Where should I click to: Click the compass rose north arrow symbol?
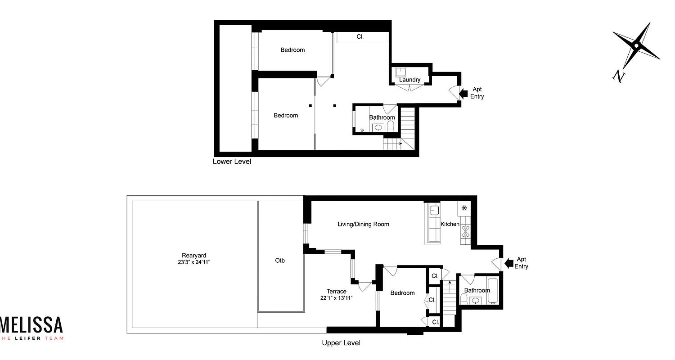[x=636, y=45]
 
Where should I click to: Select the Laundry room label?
[x=409, y=80]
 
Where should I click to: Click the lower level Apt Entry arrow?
[x=463, y=93]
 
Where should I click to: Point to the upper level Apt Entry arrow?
[x=509, y=263]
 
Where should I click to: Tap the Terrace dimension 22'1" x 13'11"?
[x=337, y=297]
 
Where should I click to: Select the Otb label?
[x=280, y=261]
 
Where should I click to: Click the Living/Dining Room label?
[x=363, y=224]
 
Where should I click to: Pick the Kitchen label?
[x=450, y=224]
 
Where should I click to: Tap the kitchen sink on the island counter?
[x=434, y=210]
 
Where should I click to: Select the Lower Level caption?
[x=232, y=162]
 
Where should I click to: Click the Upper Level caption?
[x=341, y=343]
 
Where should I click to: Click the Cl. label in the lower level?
[x=360, y=37]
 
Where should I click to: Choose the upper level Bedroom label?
[x=402, y=293]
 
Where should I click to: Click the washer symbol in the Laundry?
[x=401, y=72]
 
